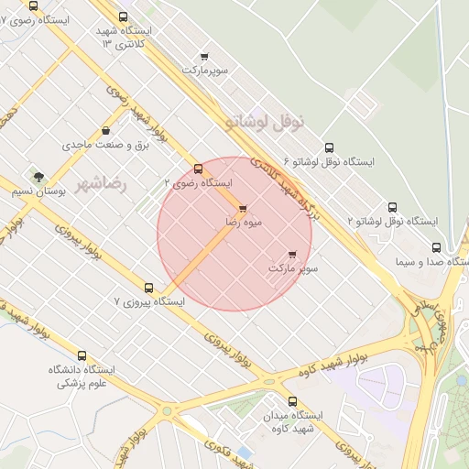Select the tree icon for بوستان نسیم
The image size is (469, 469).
click(38, 177)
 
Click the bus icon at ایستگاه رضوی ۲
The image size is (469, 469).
click(198, 169)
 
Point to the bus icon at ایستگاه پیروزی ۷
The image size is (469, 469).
click(149, 288)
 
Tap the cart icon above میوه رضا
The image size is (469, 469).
click(243, 209)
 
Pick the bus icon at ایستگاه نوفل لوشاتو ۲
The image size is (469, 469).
click(393, 207)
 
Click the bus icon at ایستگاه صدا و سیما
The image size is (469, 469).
click(436, 247)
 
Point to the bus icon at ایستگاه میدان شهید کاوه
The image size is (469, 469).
click(293, 401)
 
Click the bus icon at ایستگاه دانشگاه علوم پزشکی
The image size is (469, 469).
click(82, 355)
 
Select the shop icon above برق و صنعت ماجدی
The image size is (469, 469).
click(106, 131)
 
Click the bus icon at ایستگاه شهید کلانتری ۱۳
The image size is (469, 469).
click(124, 16)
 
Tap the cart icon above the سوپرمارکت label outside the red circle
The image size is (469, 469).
click(204, 57)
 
